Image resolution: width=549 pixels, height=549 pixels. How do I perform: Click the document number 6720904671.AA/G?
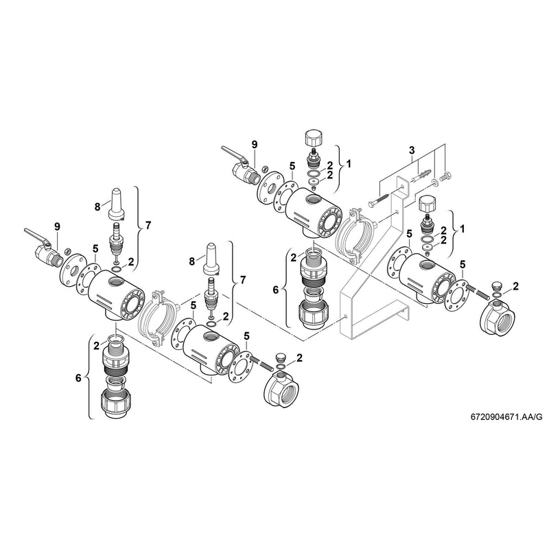click(x=506, y=416)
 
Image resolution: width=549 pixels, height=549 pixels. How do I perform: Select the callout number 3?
click(x=411, y=150)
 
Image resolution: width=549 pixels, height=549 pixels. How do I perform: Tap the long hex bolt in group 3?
click(x=382, y=200)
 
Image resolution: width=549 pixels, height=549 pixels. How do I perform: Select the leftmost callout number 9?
click(x=57, y=226)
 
